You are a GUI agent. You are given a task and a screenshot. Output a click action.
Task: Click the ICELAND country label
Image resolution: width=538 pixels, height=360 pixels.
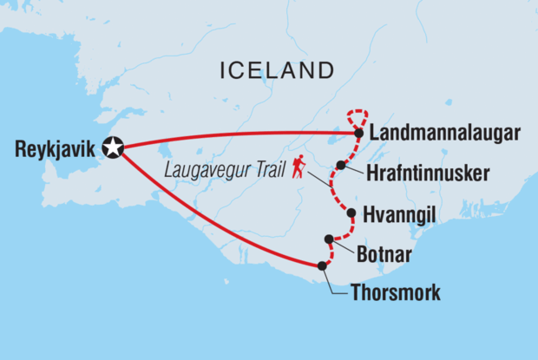278,70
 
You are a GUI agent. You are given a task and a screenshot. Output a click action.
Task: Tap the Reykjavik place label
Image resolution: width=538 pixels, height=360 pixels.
53,149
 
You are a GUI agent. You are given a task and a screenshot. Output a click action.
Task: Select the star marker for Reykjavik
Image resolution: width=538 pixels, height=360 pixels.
112,148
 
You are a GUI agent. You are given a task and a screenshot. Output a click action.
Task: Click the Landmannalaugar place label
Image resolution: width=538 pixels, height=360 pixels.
445,134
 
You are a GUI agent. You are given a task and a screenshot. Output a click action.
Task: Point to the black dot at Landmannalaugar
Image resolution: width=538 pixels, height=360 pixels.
359,134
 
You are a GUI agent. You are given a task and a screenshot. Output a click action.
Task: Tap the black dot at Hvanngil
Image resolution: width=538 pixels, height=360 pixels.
351,213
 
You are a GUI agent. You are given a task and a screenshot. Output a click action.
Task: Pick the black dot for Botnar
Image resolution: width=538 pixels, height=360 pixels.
329,239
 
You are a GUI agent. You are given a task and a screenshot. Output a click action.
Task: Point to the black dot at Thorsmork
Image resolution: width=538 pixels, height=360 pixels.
322,266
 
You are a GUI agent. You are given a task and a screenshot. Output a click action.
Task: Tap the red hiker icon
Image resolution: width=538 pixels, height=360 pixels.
299,167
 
